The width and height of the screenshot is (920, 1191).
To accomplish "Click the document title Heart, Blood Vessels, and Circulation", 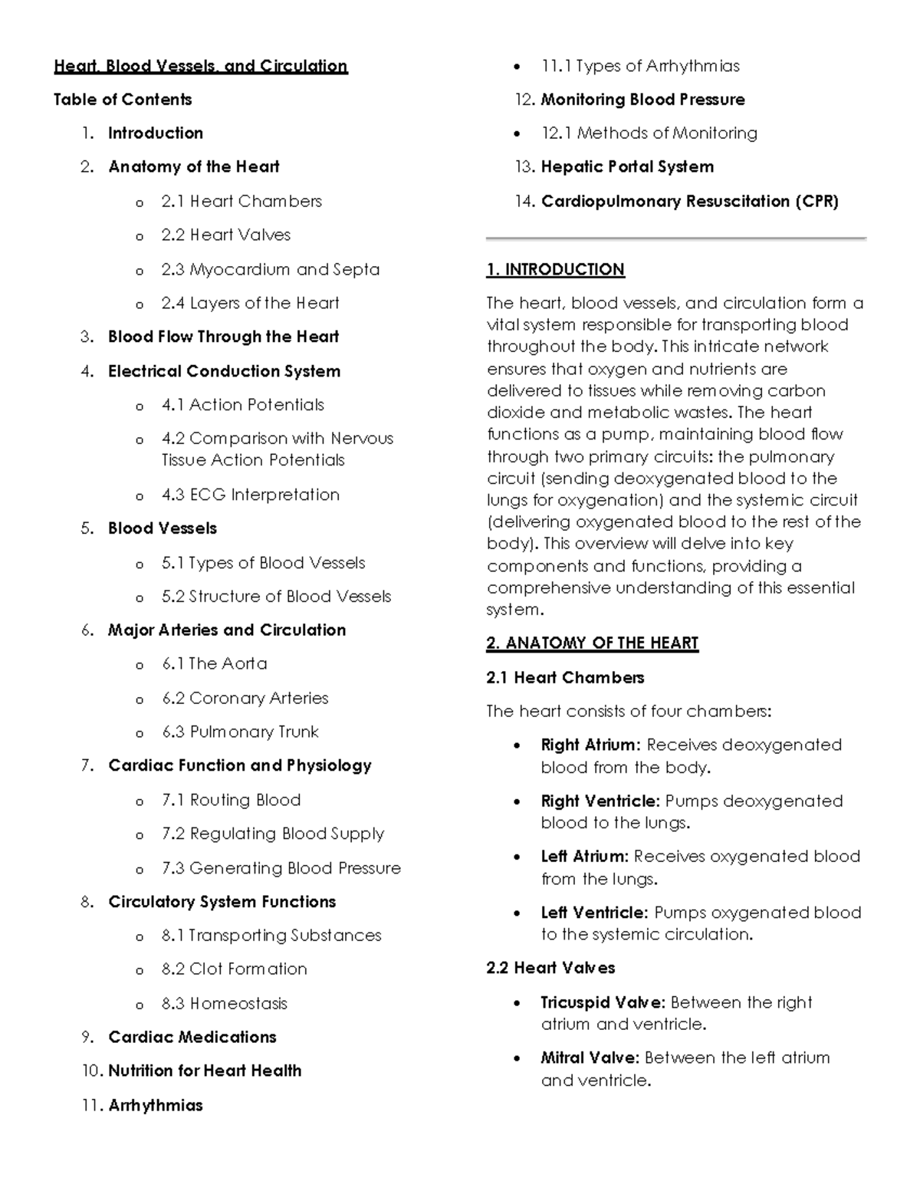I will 200,66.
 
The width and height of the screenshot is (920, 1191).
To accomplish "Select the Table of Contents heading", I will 123,100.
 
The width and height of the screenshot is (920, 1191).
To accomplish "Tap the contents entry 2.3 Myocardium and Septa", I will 270,269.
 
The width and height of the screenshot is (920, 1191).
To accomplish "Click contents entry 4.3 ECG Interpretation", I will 250,495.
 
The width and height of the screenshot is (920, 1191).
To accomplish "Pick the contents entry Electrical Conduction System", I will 224,371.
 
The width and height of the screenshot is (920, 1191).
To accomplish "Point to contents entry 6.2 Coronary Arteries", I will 245,698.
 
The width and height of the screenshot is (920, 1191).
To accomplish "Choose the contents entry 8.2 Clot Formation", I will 234,969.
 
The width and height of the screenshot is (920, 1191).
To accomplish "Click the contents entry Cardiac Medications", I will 192,1037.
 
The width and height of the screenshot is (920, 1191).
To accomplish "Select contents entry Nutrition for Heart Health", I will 205,1071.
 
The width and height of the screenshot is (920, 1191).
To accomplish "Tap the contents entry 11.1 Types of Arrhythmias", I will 639,66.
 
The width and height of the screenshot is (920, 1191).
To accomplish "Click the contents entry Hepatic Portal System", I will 627,167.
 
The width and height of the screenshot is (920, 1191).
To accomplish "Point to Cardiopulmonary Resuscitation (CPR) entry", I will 689,201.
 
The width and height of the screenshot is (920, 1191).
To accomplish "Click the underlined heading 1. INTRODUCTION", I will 555,269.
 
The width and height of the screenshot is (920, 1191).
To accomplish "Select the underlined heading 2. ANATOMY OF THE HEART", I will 592,643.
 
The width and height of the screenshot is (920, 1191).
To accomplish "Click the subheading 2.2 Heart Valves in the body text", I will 550,968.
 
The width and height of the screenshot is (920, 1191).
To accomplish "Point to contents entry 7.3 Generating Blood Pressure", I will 281,867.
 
